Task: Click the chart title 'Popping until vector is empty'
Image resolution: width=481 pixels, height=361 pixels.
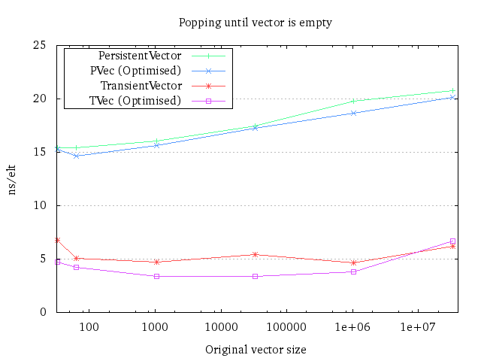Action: pyautogui.click(x=255, y=22)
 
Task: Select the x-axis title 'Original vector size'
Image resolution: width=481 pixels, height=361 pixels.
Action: pyautogui.click(x=256, y=350)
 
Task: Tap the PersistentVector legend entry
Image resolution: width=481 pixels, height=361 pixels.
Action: pyautogui.click(x=140, y=56)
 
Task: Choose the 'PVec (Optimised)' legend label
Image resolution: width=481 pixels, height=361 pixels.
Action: pyautogui.click(x=135, y=71)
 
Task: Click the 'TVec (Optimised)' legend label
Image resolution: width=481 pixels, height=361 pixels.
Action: pyautogui.click(x=135, y=101)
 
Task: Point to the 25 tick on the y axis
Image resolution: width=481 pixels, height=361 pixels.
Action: pyautogui.click(x=42, y=45)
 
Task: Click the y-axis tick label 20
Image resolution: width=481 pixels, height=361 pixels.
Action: pyautogui.click(x=42, y=99)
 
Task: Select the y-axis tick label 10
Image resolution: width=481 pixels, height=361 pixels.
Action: pyautogui.click(x=42, y=205)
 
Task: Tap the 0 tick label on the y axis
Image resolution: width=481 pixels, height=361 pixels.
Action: pyautogui.click(x=45, y=312)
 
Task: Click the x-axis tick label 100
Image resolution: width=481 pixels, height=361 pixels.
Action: pyautogui.click(x=89, y=327)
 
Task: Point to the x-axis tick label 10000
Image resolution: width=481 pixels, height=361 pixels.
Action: pyautogui.click(x=220, y=327)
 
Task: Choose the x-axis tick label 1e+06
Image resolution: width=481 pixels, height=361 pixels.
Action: pyautogui.click(x=352, y=327)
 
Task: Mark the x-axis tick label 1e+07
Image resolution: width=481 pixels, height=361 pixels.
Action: pyautogui.click(x=418, y=327)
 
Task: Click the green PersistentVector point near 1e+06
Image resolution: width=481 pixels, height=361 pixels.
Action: pyautogui.click(x=353, y=101)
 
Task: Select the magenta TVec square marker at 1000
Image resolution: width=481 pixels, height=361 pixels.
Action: pyautogui.click(x=156, y=276)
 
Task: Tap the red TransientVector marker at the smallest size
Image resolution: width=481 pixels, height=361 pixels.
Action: pyautogui.click(x=57, y=240)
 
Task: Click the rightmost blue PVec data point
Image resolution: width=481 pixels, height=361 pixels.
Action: pyautogui.click(x=452, y=97)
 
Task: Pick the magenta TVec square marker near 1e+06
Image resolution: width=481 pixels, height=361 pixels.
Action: pyautogui.click(x=353, y=272)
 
